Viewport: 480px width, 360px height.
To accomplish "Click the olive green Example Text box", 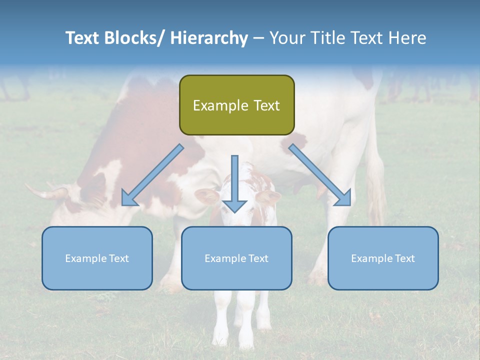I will point(236,105).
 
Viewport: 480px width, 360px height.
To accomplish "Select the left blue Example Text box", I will point(97,258).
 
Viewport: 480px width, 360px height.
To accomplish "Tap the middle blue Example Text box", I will point(236,258).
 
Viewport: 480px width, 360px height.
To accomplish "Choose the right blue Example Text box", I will point(383,258).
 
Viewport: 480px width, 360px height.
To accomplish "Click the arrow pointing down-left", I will point(152,175).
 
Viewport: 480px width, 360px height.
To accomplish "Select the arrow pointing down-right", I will point(320,175).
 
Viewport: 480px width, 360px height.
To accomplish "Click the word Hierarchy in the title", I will point(209,38).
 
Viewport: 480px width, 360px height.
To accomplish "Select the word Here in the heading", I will point(406,38).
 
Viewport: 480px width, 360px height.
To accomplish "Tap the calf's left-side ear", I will point(206,195).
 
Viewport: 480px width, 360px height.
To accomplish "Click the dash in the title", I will point(258,38).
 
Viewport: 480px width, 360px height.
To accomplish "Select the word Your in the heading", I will point(286,38).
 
